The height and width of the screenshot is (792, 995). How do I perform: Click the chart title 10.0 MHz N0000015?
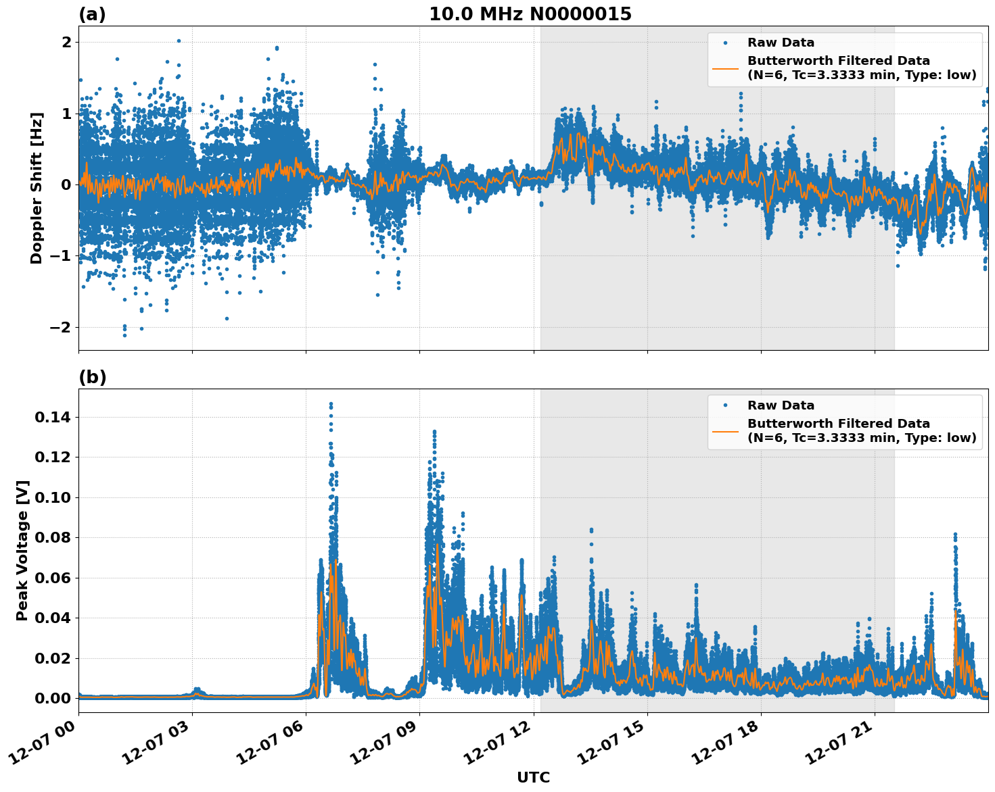coord(530,14)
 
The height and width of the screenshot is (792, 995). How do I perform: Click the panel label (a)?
coord(92,14)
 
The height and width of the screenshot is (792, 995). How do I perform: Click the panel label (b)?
coord(92,377)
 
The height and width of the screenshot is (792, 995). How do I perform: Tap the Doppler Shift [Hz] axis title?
coord(37,188)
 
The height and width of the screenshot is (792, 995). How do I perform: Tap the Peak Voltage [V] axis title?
coord(22,551)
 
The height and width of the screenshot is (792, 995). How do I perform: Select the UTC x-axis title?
coord(533,777)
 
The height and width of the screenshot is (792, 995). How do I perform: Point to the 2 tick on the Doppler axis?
coord(66,42)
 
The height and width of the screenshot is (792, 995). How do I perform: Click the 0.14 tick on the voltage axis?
coord(53,418)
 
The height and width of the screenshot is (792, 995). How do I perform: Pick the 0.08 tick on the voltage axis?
coord(53,538)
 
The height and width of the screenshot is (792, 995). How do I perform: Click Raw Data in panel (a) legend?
coord(781,43)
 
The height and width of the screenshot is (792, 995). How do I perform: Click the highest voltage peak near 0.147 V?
coord(331,404)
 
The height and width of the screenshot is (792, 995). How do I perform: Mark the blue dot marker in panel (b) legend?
coord(725,405)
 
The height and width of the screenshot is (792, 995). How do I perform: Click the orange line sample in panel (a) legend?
coord(725,68)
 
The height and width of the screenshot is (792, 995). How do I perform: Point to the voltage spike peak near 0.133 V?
coord(434,431)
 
